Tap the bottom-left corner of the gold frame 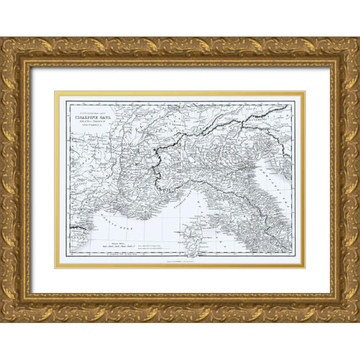[10, 313]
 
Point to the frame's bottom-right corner [350, 313]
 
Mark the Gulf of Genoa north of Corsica [192, 196]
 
